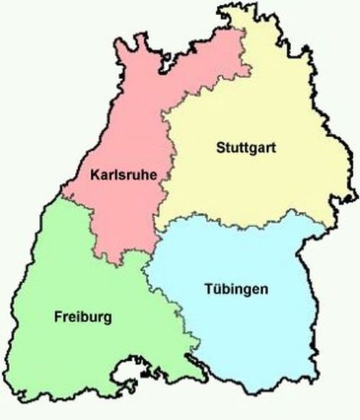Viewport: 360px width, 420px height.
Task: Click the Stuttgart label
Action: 246,149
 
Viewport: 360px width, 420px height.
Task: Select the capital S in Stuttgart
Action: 220,148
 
